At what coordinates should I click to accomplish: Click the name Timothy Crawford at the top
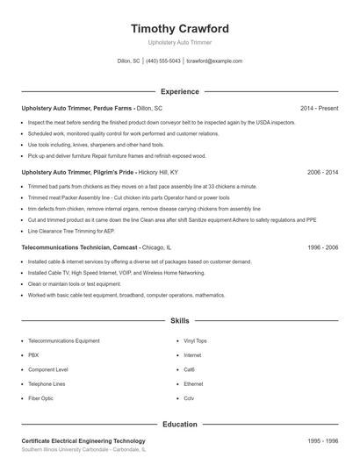[x=180, y=28]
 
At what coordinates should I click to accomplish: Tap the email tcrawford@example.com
[x=214, y=61]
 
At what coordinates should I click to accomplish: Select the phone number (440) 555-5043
[x=164, y=61]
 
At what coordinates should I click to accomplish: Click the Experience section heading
[x=180, y=91]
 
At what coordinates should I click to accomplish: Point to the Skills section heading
[x=180, y=322]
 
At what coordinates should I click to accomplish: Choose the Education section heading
[x=180, y=424]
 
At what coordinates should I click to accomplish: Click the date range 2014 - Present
[x=320, y=108]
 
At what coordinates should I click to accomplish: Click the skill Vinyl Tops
[x=195, y=340]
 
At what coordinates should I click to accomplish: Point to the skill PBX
[x=33, y=354]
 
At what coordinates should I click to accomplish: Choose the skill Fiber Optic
[x=41, y=398]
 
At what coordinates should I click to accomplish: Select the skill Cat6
[x=190, y=369]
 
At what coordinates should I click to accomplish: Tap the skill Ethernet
[x=193, y=383]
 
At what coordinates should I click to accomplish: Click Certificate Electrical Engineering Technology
[x=83, y=440]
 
